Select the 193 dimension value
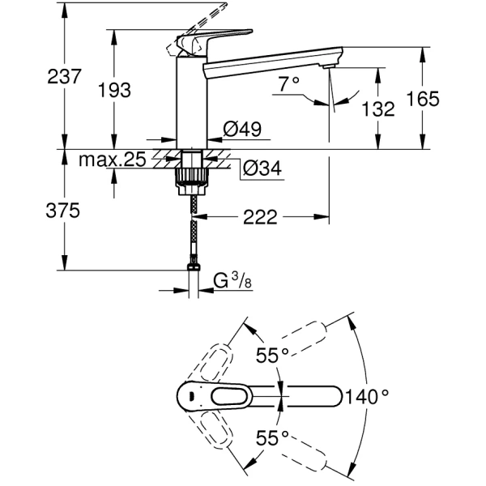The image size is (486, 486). point(114,91)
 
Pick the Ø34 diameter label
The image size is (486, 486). point(261,168)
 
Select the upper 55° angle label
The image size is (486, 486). point(273,355)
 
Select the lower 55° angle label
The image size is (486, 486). point(273,438)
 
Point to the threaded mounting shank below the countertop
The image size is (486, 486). point(191,172)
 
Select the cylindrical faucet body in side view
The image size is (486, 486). point(191,101)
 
